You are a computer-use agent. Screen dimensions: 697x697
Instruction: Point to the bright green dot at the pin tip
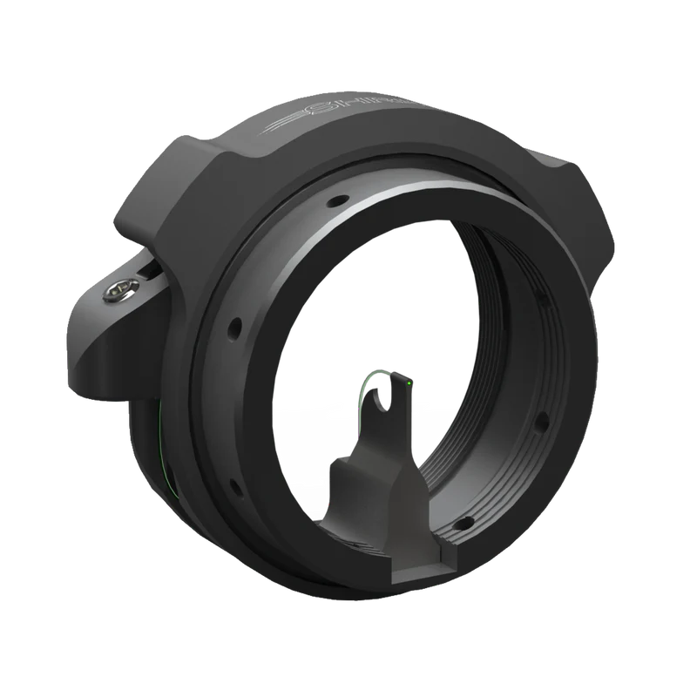tap(407, 382)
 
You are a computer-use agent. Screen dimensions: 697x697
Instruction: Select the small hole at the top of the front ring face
tap(331, 203)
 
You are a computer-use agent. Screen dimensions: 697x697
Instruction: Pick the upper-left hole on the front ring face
tap(233, 331)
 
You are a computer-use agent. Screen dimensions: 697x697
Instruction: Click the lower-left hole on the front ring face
tap(233, 484)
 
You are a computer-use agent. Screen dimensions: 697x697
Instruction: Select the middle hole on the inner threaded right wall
tap(541, 421)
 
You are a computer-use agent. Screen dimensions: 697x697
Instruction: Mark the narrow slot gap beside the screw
tap(151, 272)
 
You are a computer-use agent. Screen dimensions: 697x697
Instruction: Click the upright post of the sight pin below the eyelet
tap(383, 436)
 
